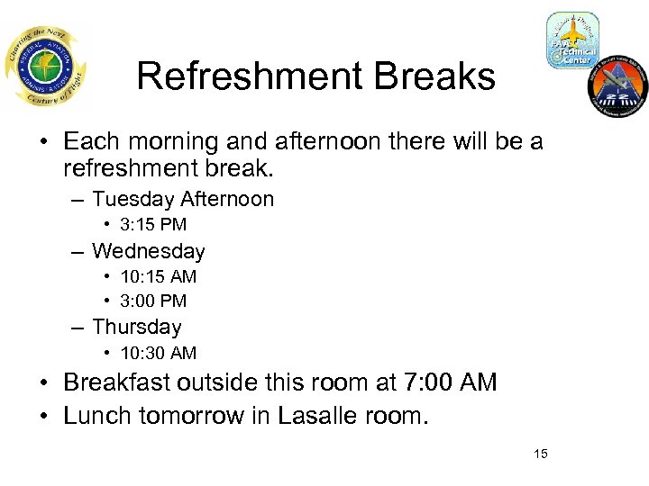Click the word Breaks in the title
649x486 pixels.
point(443,76)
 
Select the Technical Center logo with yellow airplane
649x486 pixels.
point(571,40)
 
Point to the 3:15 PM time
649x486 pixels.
point(152,225)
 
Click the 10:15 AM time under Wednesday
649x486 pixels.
point(158,276)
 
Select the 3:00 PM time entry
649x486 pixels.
point(152,301)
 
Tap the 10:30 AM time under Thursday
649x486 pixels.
point(158,353)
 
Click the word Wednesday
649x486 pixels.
point(148,251)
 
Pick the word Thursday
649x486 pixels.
point(136,327)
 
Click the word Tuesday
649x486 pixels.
point(133,199)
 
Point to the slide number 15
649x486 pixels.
point(540,454)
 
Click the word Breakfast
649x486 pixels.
point(117,382)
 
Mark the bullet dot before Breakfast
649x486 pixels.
point(44,383)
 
